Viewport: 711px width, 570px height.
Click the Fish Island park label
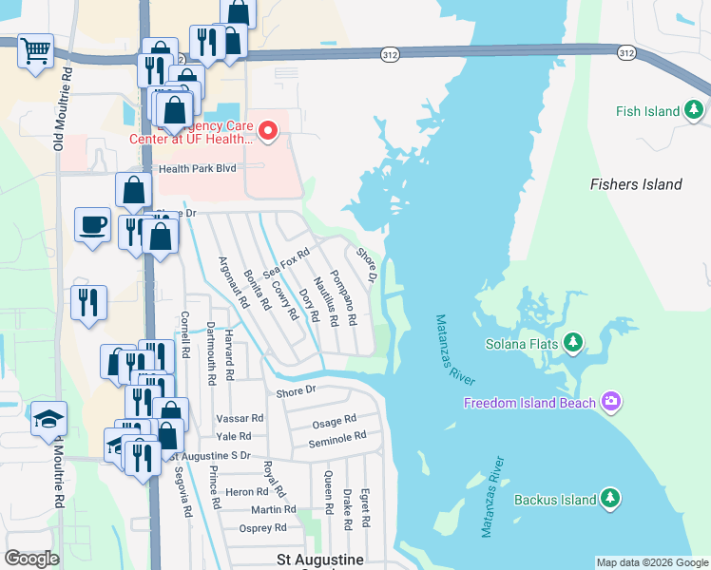[x=647, y=111]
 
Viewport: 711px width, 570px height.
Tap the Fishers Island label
[x=635, y=184]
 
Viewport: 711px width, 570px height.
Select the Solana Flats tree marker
[x=573, y=341]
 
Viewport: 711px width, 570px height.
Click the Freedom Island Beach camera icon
[x=610, y=403]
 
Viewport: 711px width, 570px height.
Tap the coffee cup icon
[x=92, y=224]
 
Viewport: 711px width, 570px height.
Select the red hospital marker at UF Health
[x=268, y=131]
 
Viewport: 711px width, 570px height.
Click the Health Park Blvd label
[x=197, y=169]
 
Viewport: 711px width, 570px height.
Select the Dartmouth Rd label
[x=211, y=352]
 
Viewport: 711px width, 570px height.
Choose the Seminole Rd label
[x=337, y=437]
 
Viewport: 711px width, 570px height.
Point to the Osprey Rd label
[x=262, y=528]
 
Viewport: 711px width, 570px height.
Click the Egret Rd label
[x=365, y=508]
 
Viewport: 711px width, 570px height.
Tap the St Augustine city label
[x=319, y=560]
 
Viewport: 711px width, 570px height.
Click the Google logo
[x=32, y=559]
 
